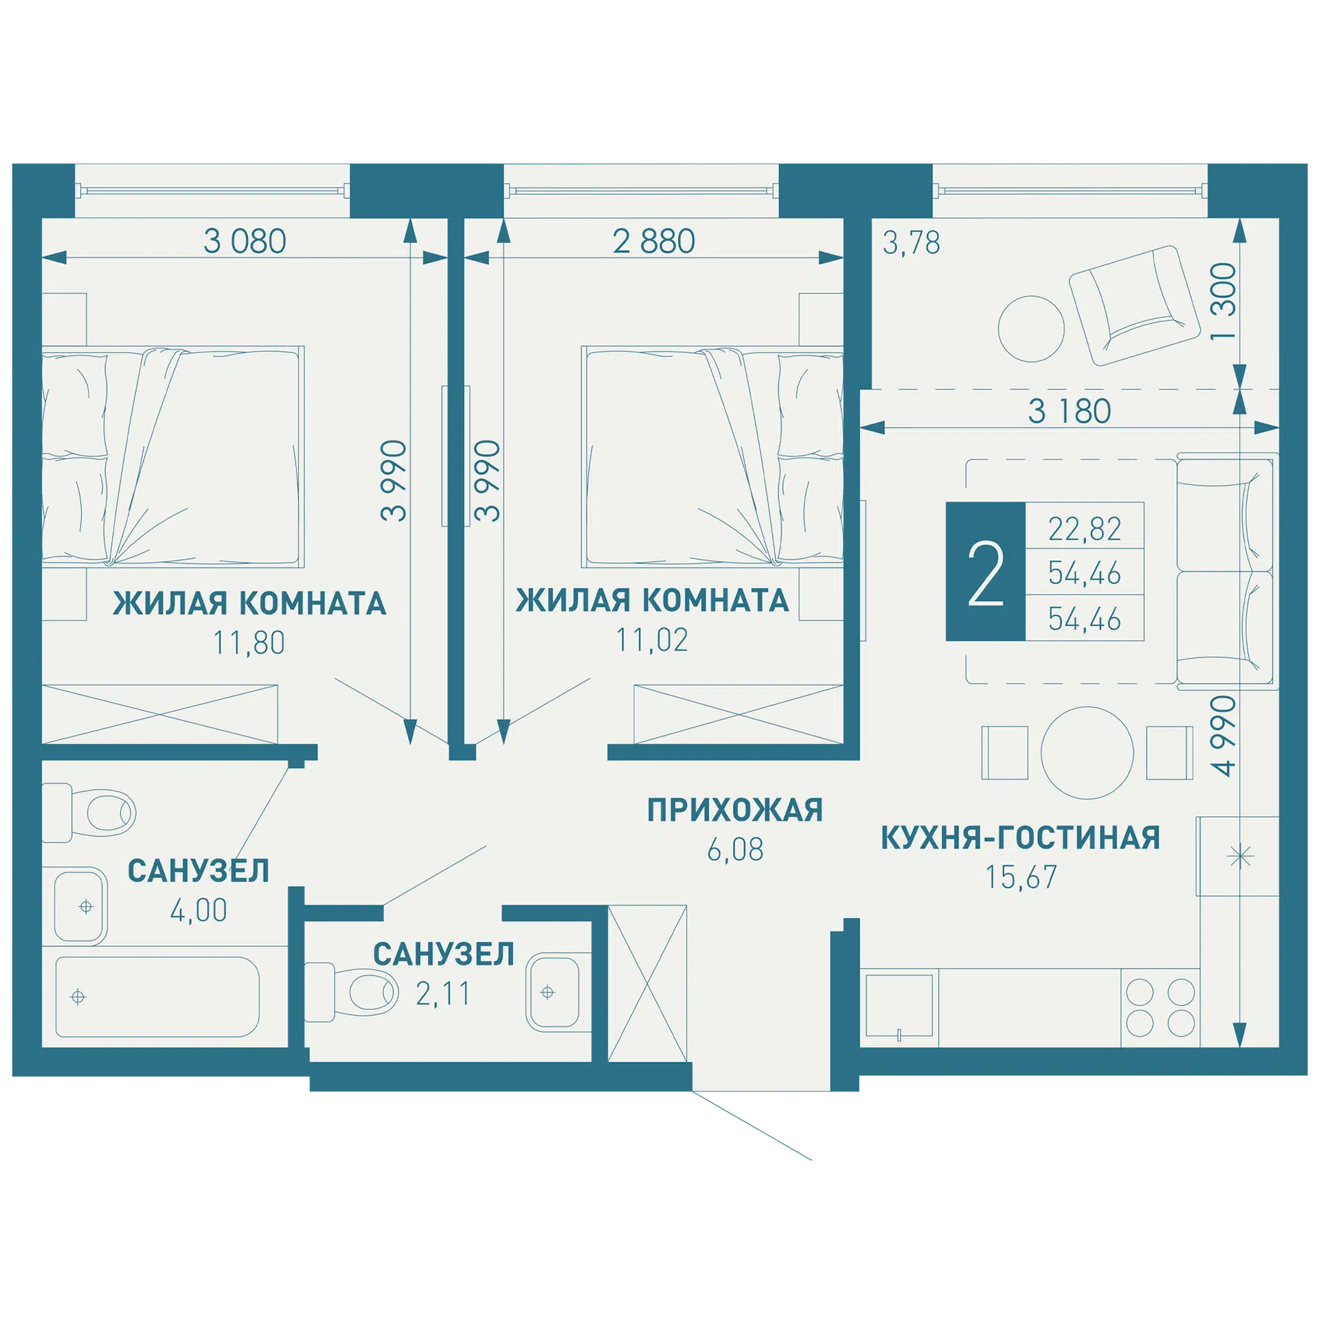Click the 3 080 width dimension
245,241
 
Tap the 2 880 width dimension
653,241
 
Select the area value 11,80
249,643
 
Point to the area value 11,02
651,640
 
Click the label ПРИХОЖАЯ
734,811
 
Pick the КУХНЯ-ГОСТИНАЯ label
1021,838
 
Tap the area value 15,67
1021,877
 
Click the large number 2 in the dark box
985,573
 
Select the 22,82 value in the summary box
1084,529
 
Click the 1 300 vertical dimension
1224,302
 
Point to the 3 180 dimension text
1069,412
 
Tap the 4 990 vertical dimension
1224,736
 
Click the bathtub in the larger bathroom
157,996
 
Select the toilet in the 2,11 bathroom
350,992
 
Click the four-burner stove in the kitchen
1160,1008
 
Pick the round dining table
1087,753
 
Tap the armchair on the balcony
1134,305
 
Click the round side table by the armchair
1030,329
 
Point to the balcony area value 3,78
911,243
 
